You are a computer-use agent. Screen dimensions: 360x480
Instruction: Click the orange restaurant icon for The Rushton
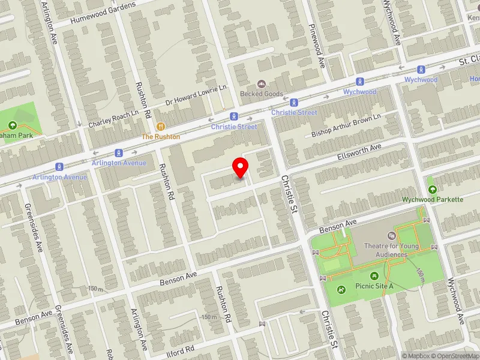click(x=160, y=127)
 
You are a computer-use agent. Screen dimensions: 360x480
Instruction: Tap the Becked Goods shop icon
click(x=261, y=84)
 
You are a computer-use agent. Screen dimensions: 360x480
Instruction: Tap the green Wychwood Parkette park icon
click(x=432, y=180)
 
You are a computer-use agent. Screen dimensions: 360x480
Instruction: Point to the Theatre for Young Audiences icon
click(x=392, y=236)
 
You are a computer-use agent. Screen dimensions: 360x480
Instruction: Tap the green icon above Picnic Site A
click(x=375, y=276)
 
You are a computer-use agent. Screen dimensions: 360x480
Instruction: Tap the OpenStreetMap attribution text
click(x=458, y=356)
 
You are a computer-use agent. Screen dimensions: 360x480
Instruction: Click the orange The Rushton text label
click(x=160, y=137)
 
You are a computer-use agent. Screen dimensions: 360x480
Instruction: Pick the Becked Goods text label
click(x=261, y=94)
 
